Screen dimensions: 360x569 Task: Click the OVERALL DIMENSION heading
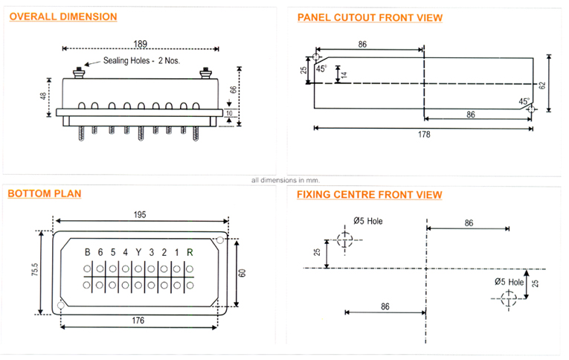coord(62,16)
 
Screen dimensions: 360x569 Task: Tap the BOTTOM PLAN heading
coord(44,194)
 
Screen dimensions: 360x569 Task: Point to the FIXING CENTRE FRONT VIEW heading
coord(369,195)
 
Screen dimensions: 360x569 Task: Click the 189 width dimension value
coord(139,43)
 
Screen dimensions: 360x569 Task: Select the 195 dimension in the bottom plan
coord(140,214)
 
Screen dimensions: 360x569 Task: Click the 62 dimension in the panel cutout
coord(542,85)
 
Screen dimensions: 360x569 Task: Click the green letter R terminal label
coord(190,251)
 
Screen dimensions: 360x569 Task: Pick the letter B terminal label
coord(87,251)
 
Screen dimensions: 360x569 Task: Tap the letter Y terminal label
coord(138,251)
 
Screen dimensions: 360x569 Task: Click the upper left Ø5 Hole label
coord(367,221)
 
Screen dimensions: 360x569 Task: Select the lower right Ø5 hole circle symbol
coord(509,298)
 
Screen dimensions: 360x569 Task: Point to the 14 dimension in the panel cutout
coord(344,74)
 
